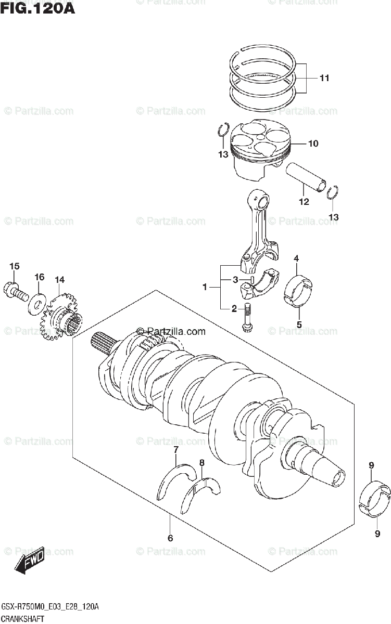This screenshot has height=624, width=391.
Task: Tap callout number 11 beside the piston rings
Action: pos(324,79)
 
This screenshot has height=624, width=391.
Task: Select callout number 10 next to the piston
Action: pos(313,144)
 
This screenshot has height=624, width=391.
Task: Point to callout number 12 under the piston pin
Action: pos(304,201)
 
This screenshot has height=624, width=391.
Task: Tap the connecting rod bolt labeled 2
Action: pos(247,319)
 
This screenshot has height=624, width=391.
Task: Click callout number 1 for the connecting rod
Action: pos(205,287)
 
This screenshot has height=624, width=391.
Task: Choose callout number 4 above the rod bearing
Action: pos(296,258)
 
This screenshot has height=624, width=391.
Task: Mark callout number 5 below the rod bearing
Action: pos(299,326)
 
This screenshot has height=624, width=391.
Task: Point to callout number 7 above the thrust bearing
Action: pos(176,449)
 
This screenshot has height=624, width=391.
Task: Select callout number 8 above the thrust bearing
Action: pos(202,463)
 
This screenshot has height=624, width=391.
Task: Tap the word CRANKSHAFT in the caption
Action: pos(22,618)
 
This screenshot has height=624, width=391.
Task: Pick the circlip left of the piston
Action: pos(224,130)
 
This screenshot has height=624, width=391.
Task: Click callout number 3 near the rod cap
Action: pos(235,280)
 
